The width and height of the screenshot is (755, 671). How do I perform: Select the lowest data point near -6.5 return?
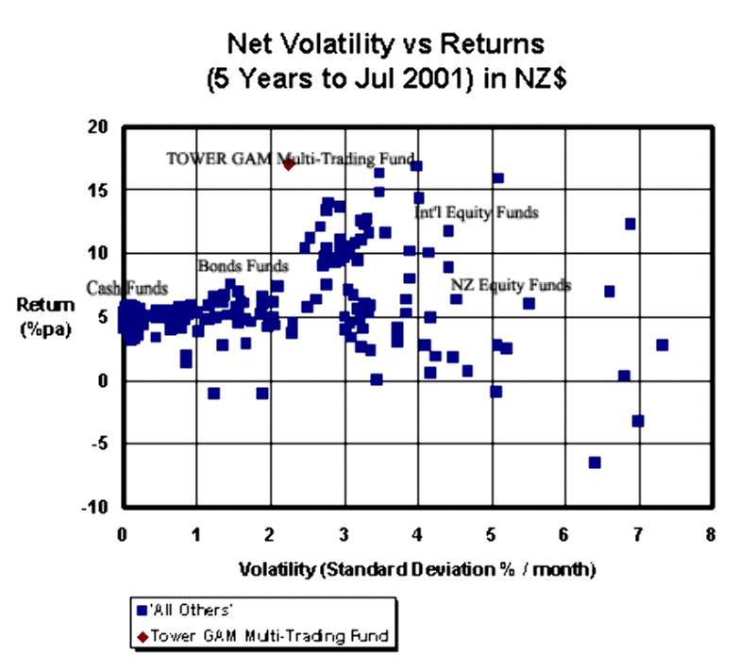point(595,461)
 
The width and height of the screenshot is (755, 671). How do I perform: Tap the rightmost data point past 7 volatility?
point(663,344)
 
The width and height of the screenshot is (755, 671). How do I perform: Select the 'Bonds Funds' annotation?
point(243,266)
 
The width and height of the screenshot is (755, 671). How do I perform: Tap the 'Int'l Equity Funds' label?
point(477,213)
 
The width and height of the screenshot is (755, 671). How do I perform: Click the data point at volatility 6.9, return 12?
point(630,224)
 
